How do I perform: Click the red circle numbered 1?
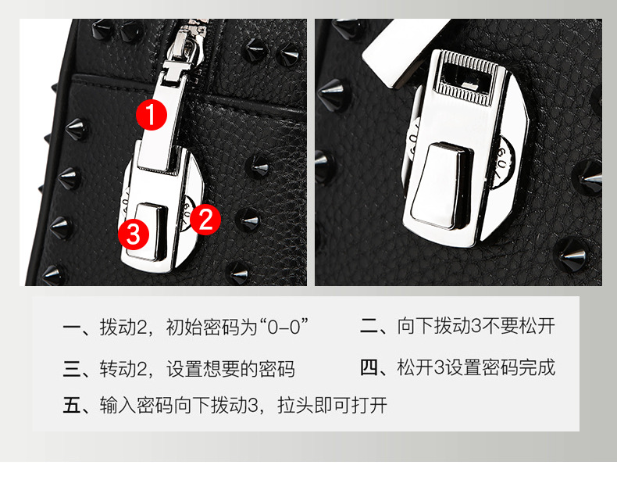[151, 115]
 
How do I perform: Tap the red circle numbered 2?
[205, 220]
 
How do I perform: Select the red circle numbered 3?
[134, 234]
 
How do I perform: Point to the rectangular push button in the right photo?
[440, 185]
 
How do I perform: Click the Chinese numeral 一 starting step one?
[72, 328]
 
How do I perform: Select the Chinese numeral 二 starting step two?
[369, 327]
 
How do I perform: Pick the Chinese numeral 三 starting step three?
[72, 369]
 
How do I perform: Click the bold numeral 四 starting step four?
[369, 367]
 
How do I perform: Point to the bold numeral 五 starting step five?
[72, 405]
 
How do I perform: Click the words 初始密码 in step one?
[203, 327]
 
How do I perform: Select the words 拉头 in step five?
[296, 405]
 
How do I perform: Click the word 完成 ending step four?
[537, 367]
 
